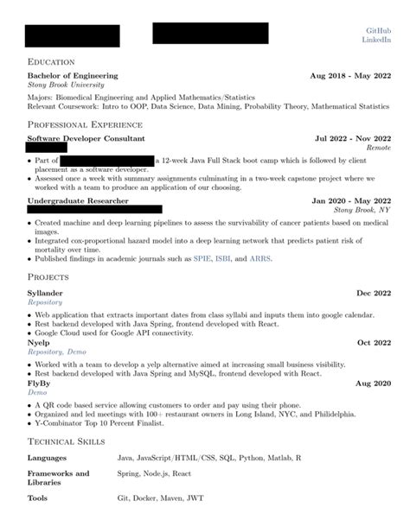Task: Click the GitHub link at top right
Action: (x=380, y=30)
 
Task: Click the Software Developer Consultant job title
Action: (x=86, y=138)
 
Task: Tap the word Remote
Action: (x=379, y=148)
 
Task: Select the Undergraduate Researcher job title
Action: (x=78, y=200)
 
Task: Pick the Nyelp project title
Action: (x=39, y=343)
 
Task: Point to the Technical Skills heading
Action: (x=67, y=441)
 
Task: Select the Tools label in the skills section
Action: (x=37, y=498)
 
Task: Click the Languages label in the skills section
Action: (x=47, y=455)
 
